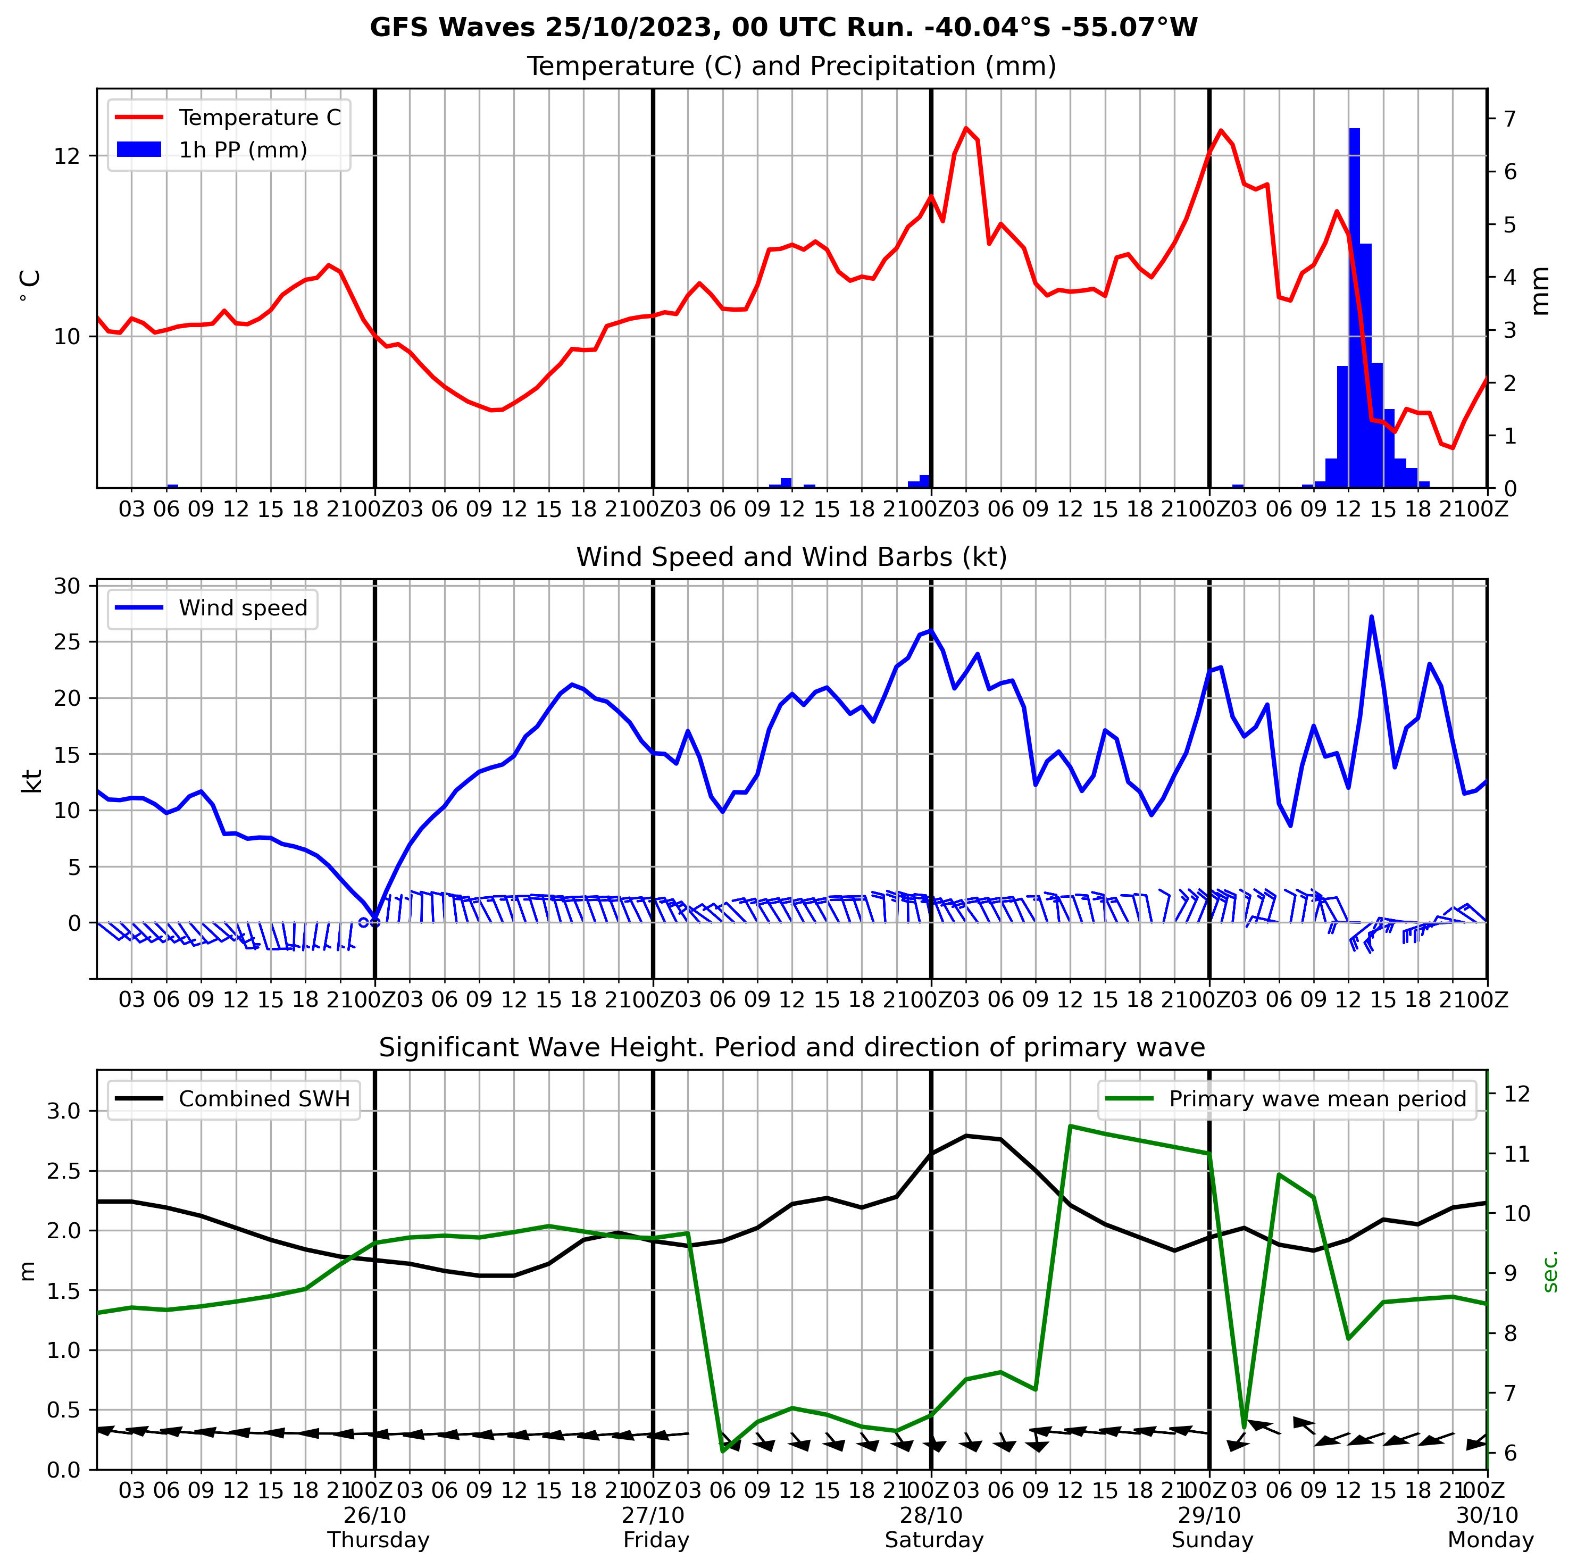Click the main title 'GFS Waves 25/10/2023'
tap(783, 28)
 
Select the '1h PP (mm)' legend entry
tap(243, 150)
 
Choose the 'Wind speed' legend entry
tap(243, 608)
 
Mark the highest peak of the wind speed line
tap(1371, 616)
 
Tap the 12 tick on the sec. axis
tap(1516, 1094)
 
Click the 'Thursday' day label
tap(378, 1540)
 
